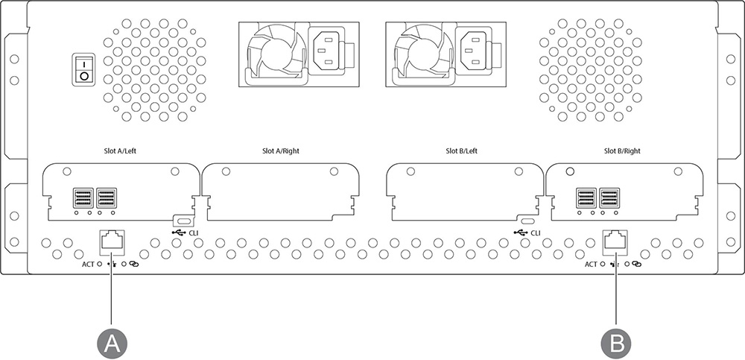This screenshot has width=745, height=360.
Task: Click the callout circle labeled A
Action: pyautogui.click(x=112, y=344)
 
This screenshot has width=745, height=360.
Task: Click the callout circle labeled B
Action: pyautogui.click(x=616, y=344)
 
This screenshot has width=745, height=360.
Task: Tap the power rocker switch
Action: pyautogui.click(x=83, y=70)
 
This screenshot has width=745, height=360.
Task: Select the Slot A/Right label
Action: pyautogui.click(x=281, y=151)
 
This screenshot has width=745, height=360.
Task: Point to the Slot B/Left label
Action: pyautogui.click(x=461, y=151)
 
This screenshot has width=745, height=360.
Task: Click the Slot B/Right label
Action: pyautogui.click(x=622, y=151)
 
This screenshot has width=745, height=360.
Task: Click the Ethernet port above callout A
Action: pyautogui.click(x=112, y=241)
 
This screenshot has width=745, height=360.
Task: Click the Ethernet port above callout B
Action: pyautogui.click(x=615, y=241)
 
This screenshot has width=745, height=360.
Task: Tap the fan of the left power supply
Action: pyautogui.click(x=274, y=53)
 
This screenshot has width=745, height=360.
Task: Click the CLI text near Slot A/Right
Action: pyautogui.click(x=194, y=233)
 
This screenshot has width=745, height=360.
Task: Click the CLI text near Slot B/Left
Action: pyautogui.click(x=536, y=233)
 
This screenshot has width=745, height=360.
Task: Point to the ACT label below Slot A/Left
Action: pyautogui.click(x=89, y=264)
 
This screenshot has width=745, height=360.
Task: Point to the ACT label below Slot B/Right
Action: pyautogui.click(x=591, y=264)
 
